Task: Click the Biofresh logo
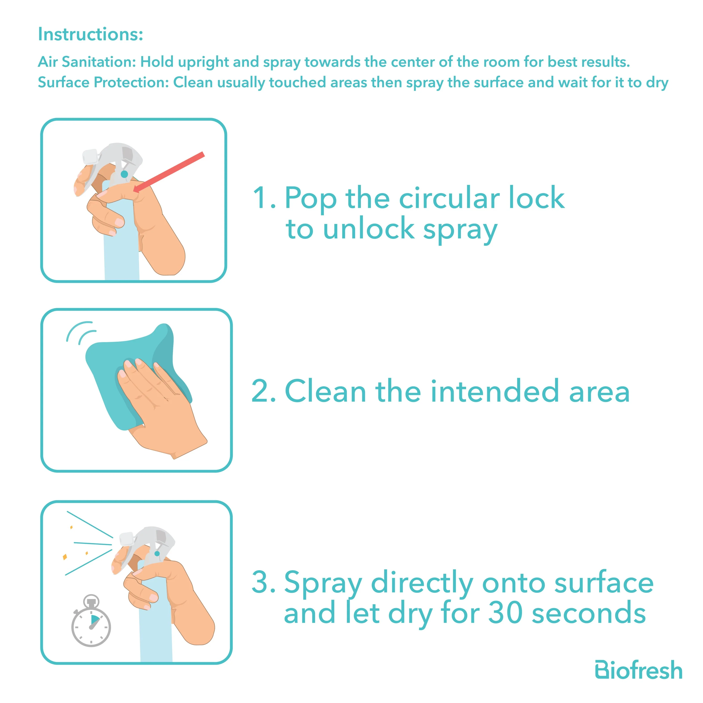point(639,670)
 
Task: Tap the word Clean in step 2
point(325,391)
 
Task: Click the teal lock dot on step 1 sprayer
point(124,174)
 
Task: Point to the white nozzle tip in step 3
point(126,539)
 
